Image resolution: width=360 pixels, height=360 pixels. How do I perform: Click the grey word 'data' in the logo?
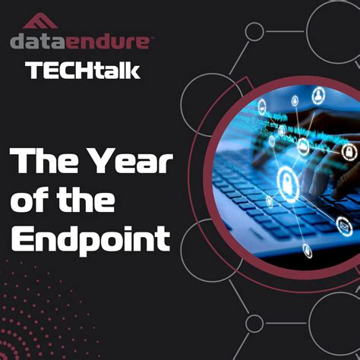click(38, 41)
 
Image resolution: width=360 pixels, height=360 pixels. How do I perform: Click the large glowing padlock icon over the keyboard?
click(287, 181)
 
